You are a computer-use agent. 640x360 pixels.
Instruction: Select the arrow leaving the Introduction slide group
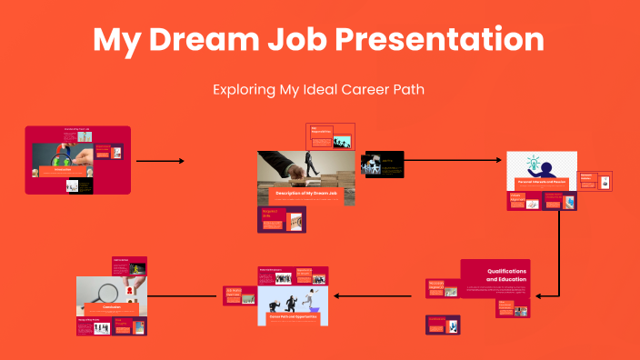click(x=160, y=161)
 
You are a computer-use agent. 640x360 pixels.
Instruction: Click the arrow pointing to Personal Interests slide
click(x=453, y=161)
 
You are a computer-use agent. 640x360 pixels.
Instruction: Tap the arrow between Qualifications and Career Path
click(x=374, y=295)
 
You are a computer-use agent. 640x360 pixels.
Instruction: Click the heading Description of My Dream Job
click(x=305, y=194)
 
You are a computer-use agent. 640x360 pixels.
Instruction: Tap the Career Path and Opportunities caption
click(x=292, y=317)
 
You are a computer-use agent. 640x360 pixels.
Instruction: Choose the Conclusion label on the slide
click(x=112, y=308)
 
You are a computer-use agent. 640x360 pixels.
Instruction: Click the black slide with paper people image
click(x=383, y=164)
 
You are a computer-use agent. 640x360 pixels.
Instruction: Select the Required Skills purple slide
click(x=283, y=219)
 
